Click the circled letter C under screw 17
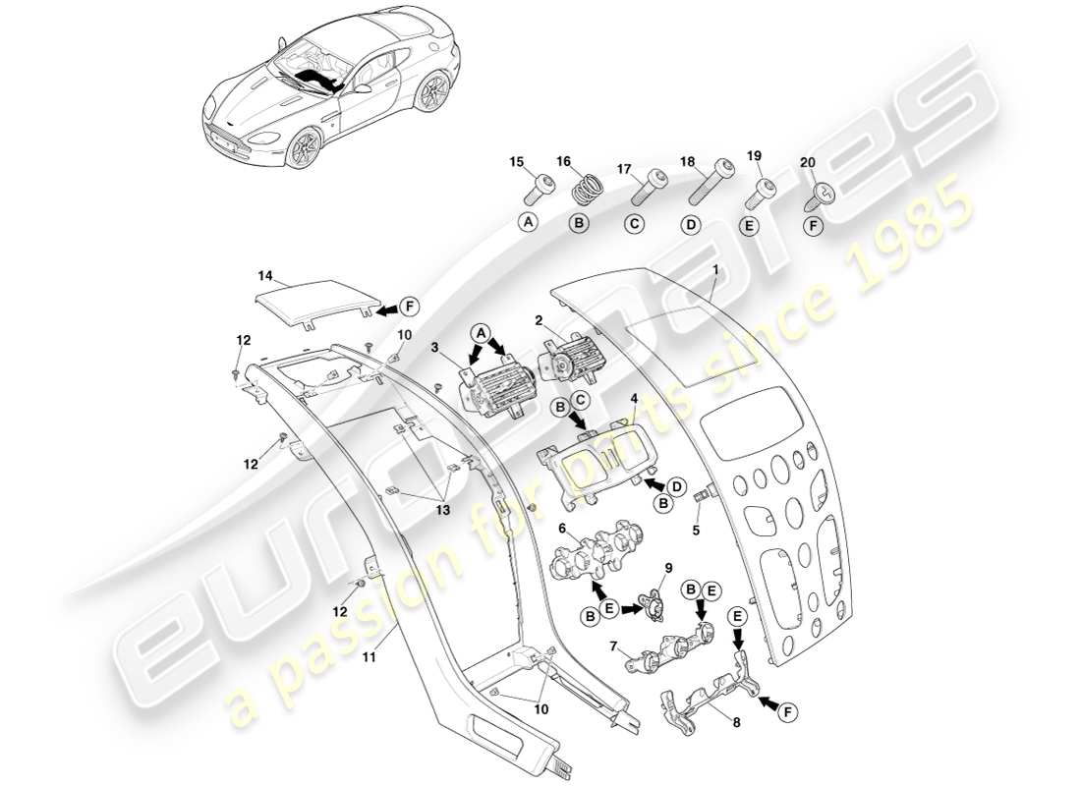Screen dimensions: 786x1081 634,224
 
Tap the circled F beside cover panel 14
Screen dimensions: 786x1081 409,307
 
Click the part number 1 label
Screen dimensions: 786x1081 715,268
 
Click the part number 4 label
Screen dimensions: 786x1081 634,398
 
